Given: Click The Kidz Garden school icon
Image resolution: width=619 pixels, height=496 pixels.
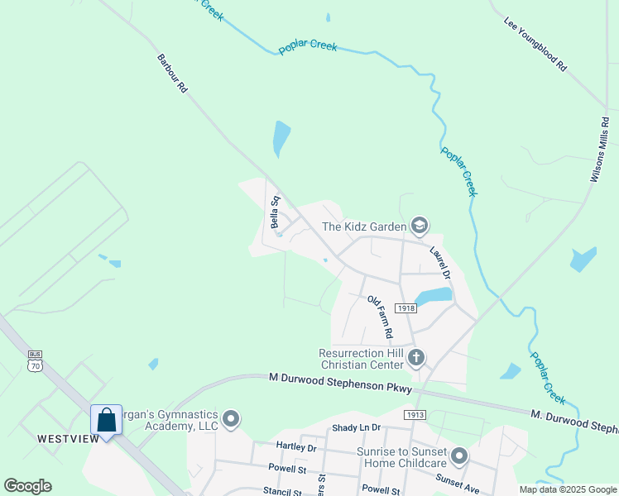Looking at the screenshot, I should (x=420, y=226).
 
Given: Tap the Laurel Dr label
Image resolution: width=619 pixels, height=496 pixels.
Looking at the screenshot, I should (x=439, y=262).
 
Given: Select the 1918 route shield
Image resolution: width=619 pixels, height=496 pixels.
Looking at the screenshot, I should (x=405, y=308).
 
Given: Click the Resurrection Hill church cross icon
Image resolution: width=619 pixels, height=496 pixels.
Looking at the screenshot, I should (x=416, y=358).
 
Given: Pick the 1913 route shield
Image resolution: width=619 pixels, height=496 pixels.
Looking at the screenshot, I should (x=415, y=413).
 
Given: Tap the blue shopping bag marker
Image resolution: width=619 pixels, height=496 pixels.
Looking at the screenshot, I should (x=107, y=420).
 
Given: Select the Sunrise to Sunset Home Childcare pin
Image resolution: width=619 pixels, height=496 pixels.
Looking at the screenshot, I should (x=460, y=456).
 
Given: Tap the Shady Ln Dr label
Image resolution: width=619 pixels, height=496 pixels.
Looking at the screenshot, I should (x=356, y=427).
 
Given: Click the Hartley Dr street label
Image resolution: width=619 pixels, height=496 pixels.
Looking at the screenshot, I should (x=295, y=448).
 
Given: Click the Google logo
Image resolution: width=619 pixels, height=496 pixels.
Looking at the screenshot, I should (x=27, y=486).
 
